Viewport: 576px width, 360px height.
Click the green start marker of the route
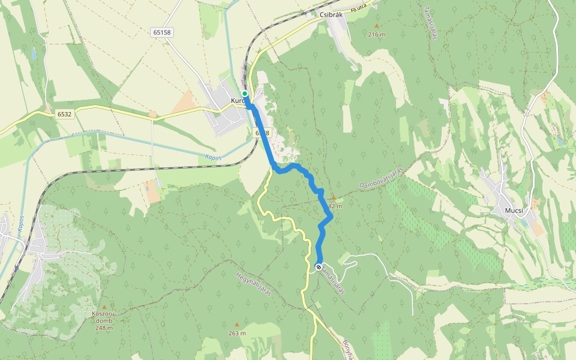(245, 94)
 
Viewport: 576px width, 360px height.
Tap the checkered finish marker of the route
(318, 267)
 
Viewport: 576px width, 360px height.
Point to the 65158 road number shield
(162, 33)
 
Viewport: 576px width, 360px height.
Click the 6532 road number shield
(65, 113)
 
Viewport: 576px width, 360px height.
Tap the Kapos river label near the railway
(212, 158)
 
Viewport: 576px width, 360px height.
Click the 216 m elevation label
(377, 34)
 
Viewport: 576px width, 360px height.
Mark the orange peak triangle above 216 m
(377, 26)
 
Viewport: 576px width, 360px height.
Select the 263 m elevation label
(237, 333)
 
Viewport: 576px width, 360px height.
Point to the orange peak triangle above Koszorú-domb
(103, 306)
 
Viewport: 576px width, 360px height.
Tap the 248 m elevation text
(103, 328)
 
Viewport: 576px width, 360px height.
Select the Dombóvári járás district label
(382, 179)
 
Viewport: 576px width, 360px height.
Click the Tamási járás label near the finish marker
(334, 280)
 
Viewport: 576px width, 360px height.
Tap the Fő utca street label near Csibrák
(359, 7)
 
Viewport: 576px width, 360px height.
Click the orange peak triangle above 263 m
(237, 325)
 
